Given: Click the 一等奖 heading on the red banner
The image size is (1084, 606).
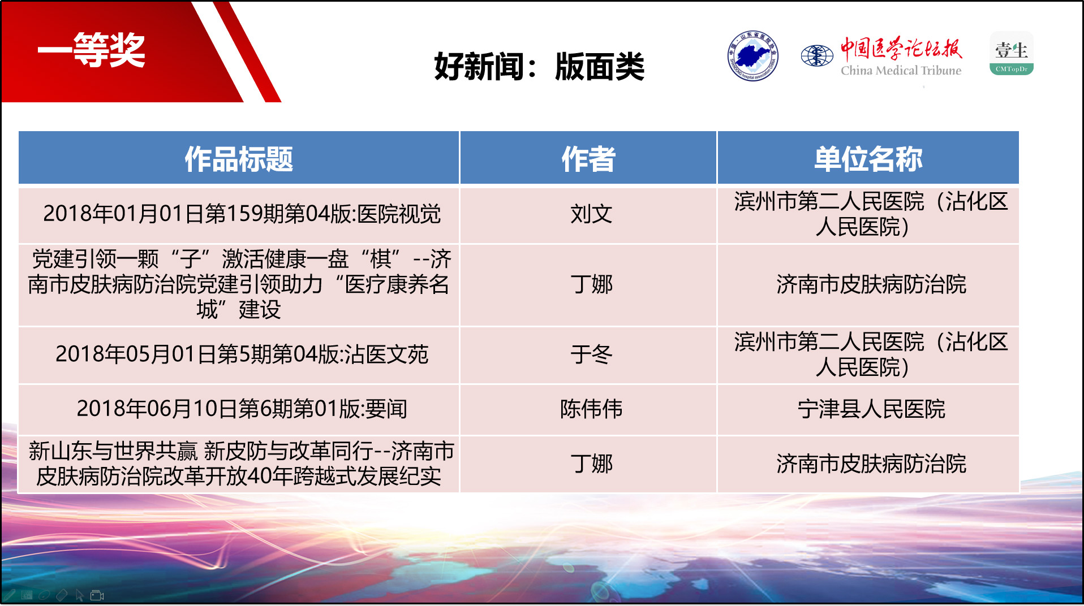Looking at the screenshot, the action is tap(91, 50).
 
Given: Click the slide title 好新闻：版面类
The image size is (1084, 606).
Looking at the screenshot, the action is tap(539, 67).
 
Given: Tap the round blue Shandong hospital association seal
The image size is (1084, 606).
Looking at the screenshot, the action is tap(752, 56).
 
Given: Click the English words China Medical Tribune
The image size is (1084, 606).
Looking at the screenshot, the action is tap(901, 71).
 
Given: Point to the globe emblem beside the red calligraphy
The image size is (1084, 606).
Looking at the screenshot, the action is tap(817, 55).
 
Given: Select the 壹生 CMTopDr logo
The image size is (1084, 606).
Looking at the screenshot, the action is tap(1012, 54).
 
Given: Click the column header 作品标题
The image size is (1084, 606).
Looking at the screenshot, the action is tap(239, 159).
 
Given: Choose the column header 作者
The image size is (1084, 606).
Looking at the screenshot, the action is tap(588, 159).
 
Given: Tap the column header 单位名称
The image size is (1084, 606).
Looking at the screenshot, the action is tap(868, 159).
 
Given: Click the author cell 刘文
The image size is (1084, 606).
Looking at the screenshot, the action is tap(591, 214).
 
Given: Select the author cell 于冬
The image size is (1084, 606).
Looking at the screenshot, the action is tap(591, 354).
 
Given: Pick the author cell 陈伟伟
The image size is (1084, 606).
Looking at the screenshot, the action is tap(591, 409).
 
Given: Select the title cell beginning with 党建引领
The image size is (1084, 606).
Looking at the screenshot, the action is tap(239, 284).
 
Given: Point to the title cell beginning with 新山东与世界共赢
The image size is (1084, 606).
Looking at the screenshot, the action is tap(239, 464).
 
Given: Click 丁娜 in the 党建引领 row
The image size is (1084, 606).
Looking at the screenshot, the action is tap(591, 284).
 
